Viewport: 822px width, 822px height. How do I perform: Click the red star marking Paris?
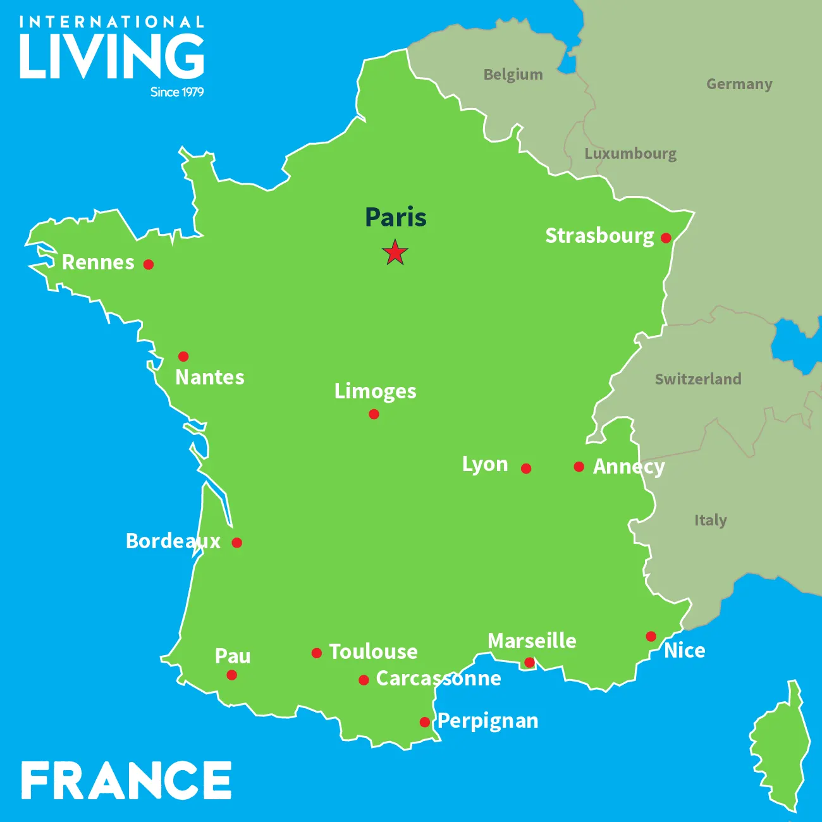pyautogui.click(x=395, y=252)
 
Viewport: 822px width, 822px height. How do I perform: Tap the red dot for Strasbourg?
pyautogui.click(x=666, y=238)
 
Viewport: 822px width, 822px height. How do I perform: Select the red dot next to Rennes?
pyautogui.click(x=149, y=264)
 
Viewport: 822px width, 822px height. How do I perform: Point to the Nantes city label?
pyautogui.click(x=210, y=377)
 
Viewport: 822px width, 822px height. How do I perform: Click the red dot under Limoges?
pyautogui.click(x=374, y=414)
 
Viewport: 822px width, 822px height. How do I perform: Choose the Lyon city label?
pyautogui.click(x=485, y=464)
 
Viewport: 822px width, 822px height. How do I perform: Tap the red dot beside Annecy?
pyautogui.click(x=579, y=467)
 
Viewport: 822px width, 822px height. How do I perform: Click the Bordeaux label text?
pyautogui.click(x=173, y=541)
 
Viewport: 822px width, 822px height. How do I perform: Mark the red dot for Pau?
pyautogui.click(x=232, y=675)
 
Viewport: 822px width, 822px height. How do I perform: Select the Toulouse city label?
pyautogui.click(x=373, y=652)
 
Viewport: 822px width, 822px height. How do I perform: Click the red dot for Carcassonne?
pyautogui.click(x=364, y=680)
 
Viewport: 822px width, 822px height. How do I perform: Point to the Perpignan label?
pyautogui.click(x=488, y=721)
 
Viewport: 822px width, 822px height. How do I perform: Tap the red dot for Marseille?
pyautogui.click(x=529, y=663)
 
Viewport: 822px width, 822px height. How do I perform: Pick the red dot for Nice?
pyautogui.click(x=651, y=636)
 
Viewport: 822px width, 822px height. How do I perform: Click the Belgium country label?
pyautogui.click(x=513, y=75)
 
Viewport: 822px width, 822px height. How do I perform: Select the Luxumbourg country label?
pyautogui.click(x=630, y=154)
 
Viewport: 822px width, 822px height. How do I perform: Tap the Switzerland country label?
pyautogui.click(x=698, y=379)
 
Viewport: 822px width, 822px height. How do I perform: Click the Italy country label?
pyautogui.click(x=711, y=520)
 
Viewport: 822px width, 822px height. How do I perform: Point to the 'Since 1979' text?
pyautogui.click(x=177, y=92)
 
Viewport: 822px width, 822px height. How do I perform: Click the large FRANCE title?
pyautogui.click(x=126, y=780)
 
